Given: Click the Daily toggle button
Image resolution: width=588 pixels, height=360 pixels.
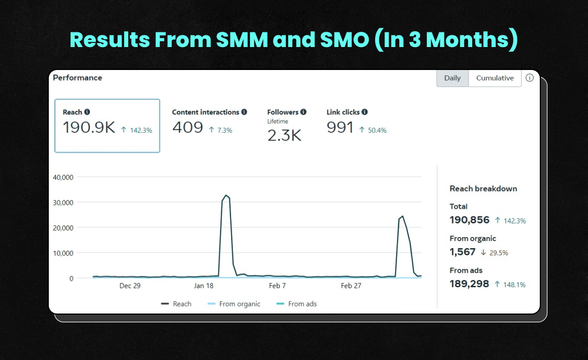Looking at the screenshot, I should point(452,78).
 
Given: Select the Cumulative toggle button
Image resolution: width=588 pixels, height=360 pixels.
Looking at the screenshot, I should point(495,78).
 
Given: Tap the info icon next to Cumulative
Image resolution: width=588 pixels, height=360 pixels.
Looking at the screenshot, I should point(529,78).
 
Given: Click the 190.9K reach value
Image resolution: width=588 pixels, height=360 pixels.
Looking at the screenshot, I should point(89,128).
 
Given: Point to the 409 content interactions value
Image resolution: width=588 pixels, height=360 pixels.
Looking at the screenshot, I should point(188,128).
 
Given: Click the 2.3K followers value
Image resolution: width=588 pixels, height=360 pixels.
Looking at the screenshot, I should point(284,136).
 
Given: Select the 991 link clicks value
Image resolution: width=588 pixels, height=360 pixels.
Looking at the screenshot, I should point(340,128).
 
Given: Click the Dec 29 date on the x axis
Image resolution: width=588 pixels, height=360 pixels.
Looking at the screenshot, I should point(129,286).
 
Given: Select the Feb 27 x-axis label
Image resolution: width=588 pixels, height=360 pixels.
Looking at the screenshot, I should point(351,286).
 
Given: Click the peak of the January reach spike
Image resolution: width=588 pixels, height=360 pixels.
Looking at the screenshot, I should point(226,195).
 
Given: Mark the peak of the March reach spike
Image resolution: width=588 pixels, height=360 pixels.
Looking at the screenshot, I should point(402,216).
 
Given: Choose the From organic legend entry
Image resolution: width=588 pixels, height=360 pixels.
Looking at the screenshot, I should point(239,304).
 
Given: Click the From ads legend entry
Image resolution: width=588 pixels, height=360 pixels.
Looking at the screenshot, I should point(302,304).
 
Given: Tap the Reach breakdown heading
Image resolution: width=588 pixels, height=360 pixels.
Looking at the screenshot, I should point(483,189).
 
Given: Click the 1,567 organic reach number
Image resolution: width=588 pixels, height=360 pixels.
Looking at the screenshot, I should point(463,252).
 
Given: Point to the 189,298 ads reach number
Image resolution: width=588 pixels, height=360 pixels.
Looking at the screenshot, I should point(469,284).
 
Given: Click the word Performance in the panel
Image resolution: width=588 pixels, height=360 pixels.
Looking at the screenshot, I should point(78,78).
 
